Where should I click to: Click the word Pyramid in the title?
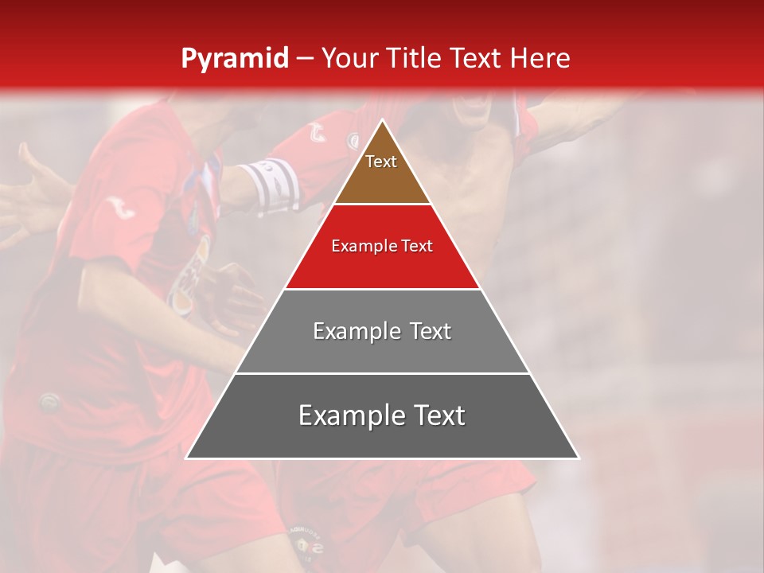point(234,59)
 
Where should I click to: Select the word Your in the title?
point(349,59)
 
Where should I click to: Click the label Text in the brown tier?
point(381,162)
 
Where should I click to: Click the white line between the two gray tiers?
point(382,373)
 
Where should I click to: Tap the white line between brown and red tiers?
point(382,204)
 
